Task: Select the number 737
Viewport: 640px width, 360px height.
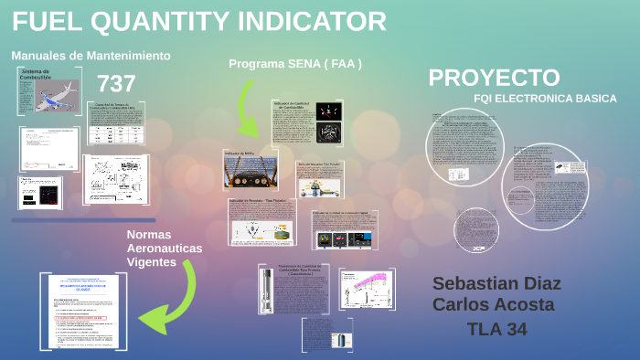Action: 116,84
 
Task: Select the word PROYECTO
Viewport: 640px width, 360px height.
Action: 494,78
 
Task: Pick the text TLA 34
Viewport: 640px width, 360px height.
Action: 496,329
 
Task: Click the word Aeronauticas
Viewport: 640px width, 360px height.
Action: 165,249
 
